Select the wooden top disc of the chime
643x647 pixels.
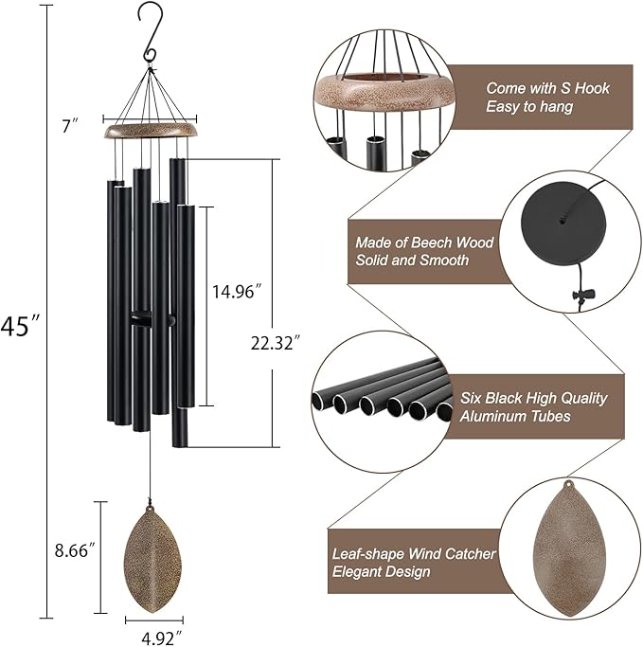pos(152,131)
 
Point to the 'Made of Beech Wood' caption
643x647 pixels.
pos(424,243)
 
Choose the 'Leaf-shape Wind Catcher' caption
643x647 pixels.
pos(413,553)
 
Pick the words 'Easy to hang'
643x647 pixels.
pos(529,107)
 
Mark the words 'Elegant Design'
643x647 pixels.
pos(381,571)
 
